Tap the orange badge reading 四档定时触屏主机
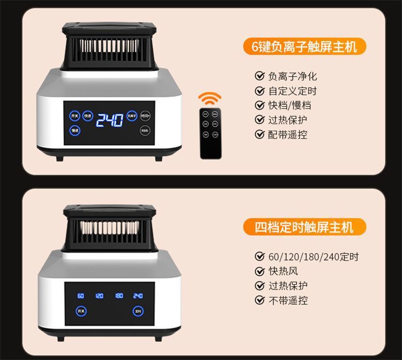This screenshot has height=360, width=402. pos(304,227)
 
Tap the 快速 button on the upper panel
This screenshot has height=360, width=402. pos(87,116)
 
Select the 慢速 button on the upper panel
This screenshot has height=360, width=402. pos(75,131)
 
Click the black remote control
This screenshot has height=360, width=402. pos(211,133)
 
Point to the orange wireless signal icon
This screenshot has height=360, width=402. pos(210,99)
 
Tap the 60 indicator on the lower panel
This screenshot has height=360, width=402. pos(80,295)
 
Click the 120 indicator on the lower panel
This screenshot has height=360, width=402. pos(100,295)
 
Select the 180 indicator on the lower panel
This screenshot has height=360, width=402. pos(119,295)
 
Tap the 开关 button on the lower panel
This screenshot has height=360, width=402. pos(80,311)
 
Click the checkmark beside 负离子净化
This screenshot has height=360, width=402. pos(260,76)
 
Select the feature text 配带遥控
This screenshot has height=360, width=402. pos(288,134)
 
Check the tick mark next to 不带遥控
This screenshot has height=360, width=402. pos(260,301)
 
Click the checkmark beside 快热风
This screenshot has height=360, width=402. pos(260,272)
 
